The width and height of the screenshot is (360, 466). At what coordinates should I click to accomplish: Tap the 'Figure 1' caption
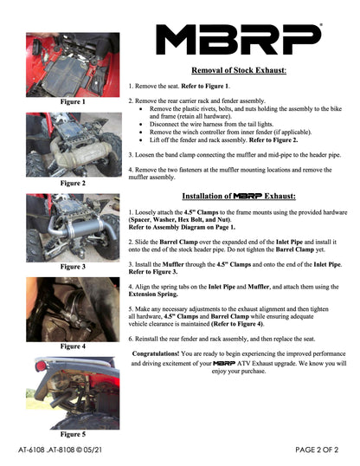point(72,102)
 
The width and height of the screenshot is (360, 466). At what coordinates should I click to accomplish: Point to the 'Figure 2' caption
point(72,184)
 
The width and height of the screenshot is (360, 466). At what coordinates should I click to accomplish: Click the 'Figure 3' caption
point(72,267)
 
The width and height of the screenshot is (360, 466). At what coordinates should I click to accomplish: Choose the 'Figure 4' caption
point(72,346)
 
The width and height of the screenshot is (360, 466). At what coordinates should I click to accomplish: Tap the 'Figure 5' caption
point(72,433)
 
